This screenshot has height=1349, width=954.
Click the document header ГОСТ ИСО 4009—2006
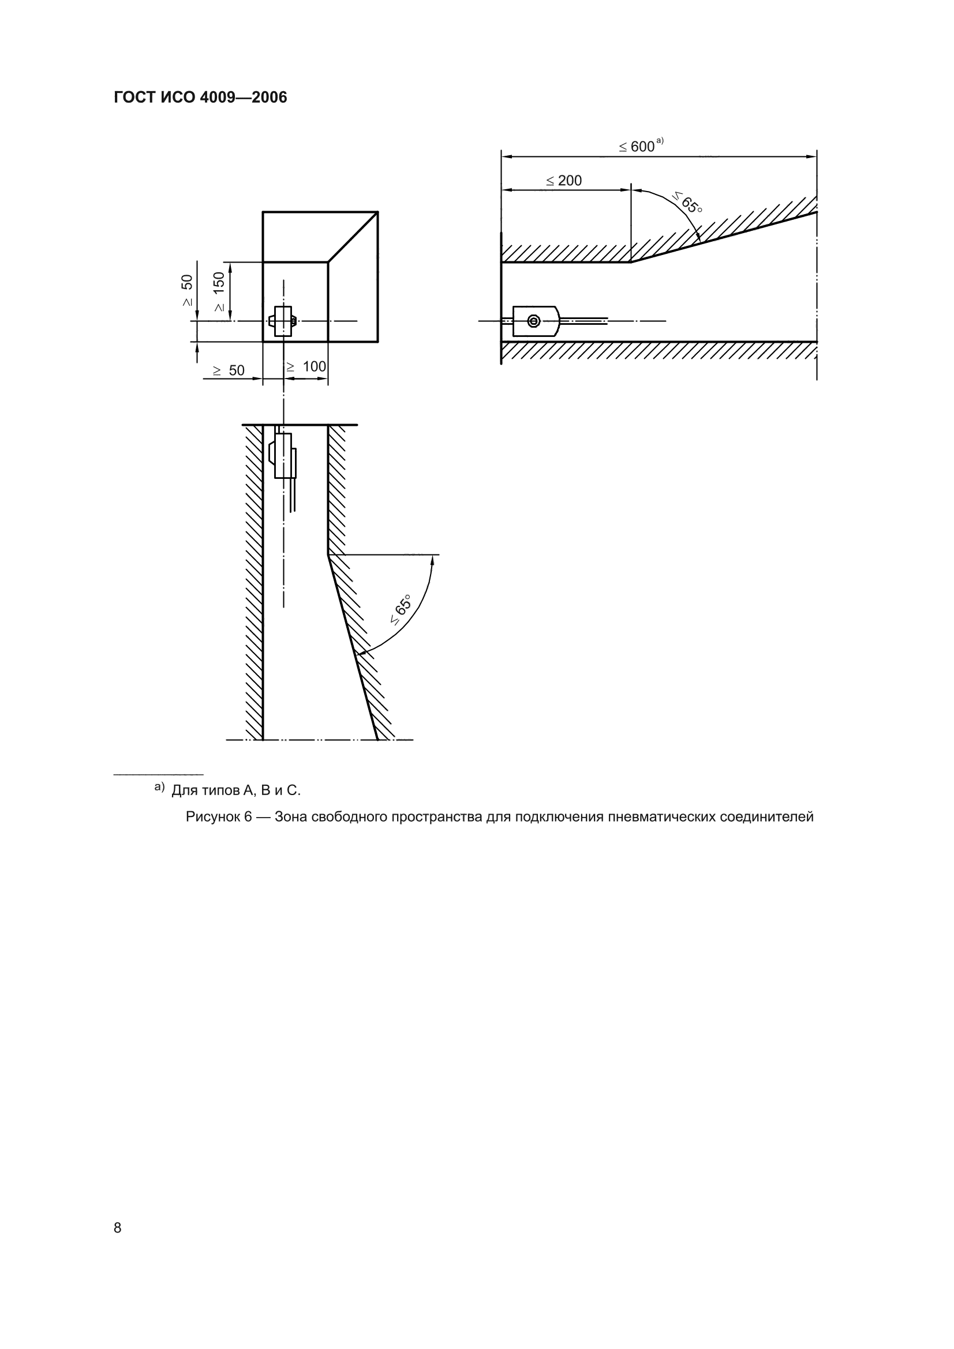[x=200, y=98]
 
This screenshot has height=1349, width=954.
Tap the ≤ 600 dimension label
[x=637, y=147]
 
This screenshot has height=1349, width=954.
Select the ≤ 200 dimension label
[x=564, y=181]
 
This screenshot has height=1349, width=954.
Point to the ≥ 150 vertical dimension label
[x=219, y=291]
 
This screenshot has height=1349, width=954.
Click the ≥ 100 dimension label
[x=306, y=367]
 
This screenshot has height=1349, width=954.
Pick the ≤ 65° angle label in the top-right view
[x=687, y=203]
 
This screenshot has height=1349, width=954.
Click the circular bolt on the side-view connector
[x=533, y=320]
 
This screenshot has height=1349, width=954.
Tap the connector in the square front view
[x=283, y=321]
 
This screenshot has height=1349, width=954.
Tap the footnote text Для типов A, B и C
[x=235, y=790]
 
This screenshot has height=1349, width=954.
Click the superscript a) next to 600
[x=660, y=140]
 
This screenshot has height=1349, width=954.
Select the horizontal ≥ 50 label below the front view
[x=229, y=370]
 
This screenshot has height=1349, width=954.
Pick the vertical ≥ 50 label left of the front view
[x=187, y=290]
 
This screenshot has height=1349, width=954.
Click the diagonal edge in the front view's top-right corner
[x=353, y=237]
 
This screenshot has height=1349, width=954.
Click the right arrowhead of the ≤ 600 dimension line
[x=812, y=156]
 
